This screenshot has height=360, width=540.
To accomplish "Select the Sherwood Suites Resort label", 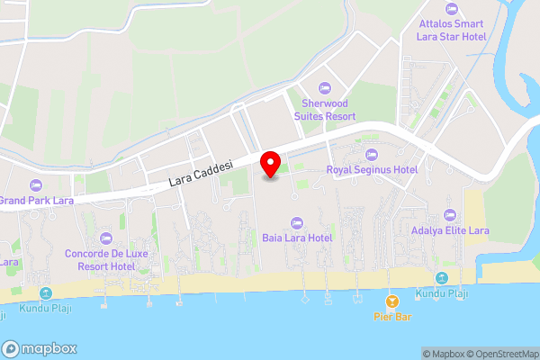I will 328,110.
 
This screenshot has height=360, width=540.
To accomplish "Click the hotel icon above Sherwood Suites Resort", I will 325,87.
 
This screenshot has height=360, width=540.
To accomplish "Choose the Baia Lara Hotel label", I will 297,238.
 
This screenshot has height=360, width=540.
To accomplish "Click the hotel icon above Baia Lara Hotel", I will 296,222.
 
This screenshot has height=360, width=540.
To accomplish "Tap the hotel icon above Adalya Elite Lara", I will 450,215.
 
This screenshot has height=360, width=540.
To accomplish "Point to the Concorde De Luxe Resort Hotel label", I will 105,260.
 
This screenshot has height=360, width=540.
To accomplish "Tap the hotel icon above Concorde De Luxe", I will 106,238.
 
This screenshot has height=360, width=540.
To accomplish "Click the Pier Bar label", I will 392,317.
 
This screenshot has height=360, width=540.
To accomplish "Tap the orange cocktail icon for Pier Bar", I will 391,301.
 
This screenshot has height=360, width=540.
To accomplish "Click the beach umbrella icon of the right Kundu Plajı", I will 441,278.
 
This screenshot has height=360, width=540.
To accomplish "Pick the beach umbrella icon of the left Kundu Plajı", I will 46,293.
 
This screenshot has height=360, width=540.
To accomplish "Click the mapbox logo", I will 40,348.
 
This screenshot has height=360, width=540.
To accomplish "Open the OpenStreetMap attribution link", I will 501,354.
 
